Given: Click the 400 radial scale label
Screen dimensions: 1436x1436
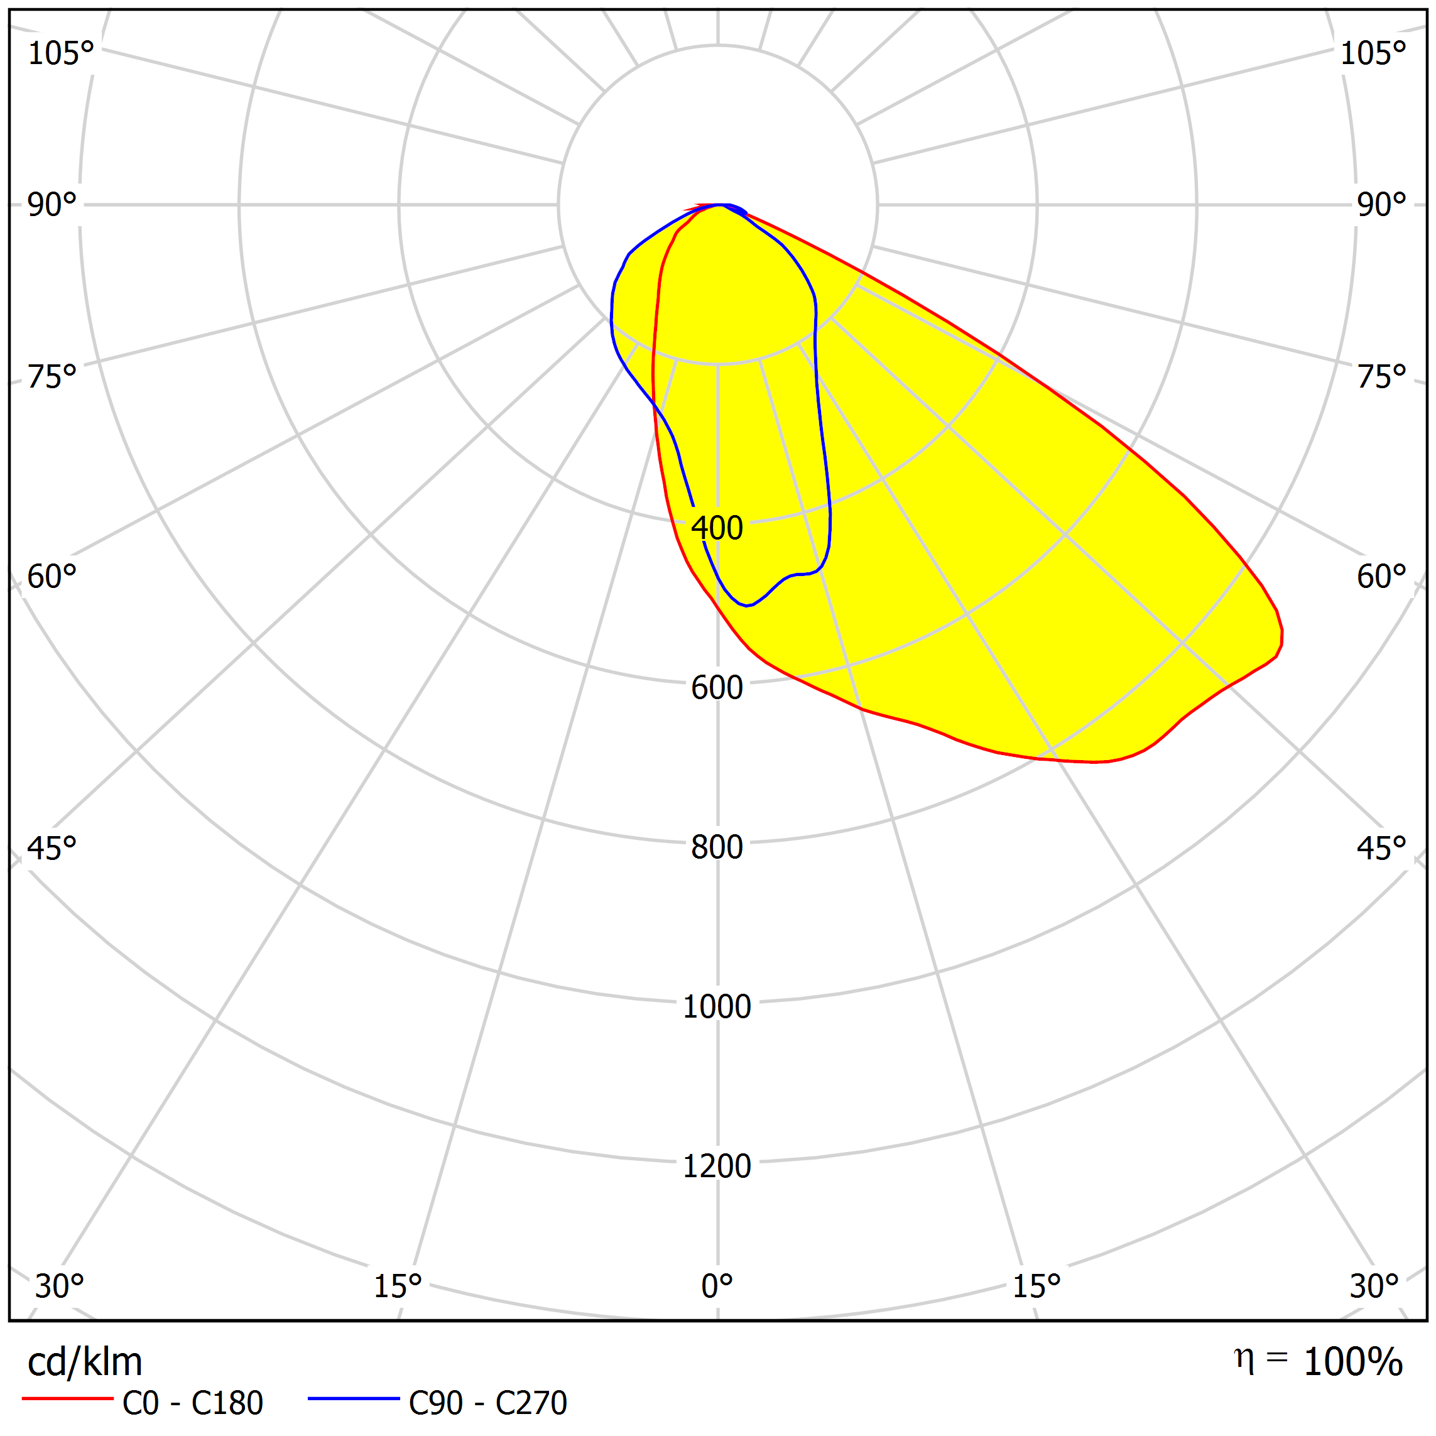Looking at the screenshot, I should tap(717, 528).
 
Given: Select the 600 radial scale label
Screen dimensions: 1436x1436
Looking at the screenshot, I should tap(717, 687).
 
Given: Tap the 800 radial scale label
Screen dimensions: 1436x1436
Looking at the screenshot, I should tap(717, 847).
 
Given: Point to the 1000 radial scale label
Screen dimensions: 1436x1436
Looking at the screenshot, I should tap(717, 1006).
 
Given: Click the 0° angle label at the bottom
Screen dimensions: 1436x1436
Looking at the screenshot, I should tap(717, 1286).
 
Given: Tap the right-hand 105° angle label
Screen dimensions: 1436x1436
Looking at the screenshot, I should tap(1373, 53).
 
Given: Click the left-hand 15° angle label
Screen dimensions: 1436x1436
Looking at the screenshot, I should tap(398, 1286).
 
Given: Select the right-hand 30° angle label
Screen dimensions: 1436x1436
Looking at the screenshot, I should tap(1374, 1286).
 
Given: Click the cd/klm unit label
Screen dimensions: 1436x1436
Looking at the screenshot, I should tap(85, 1363).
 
